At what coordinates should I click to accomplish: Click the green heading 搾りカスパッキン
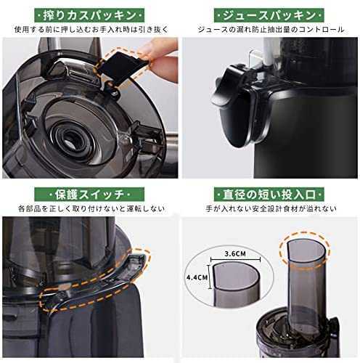(89, 15)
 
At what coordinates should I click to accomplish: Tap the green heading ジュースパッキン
(269, 15)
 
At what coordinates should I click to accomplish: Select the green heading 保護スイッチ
(89, 195)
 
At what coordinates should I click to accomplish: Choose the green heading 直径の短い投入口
(269, 195)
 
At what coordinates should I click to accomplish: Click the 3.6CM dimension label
(235, 253)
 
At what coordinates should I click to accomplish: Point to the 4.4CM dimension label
(197, 277)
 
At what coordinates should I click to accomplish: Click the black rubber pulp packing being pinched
(121, 68)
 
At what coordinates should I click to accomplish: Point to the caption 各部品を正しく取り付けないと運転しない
(91, 208)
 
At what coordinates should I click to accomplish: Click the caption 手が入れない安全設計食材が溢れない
(271, 208)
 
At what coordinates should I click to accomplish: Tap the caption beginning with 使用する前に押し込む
(91, 30)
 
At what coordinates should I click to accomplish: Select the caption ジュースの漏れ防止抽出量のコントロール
(271, 30)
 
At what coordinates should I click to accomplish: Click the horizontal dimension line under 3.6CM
(235, 260)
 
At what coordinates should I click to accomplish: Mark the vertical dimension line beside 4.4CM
(210, 277)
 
